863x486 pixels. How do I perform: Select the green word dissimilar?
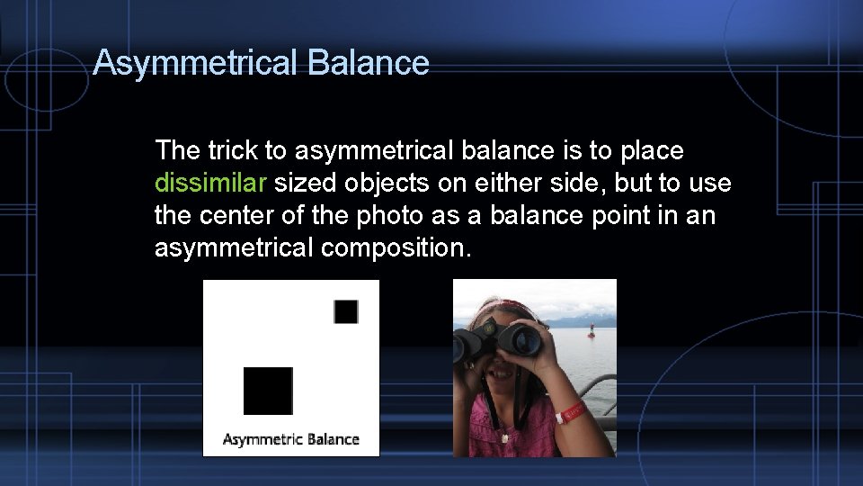[x=210, y=184]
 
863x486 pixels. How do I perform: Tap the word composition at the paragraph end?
[x=396, y=247]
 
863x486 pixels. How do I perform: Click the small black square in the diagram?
[x=346, y=311]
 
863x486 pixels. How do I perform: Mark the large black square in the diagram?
[x=268, y=391]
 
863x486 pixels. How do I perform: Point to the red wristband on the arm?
[x=570, y=415]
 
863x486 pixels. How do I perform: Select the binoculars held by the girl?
[x=498, y=342]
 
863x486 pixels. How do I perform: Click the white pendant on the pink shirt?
[x=504, y=436]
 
